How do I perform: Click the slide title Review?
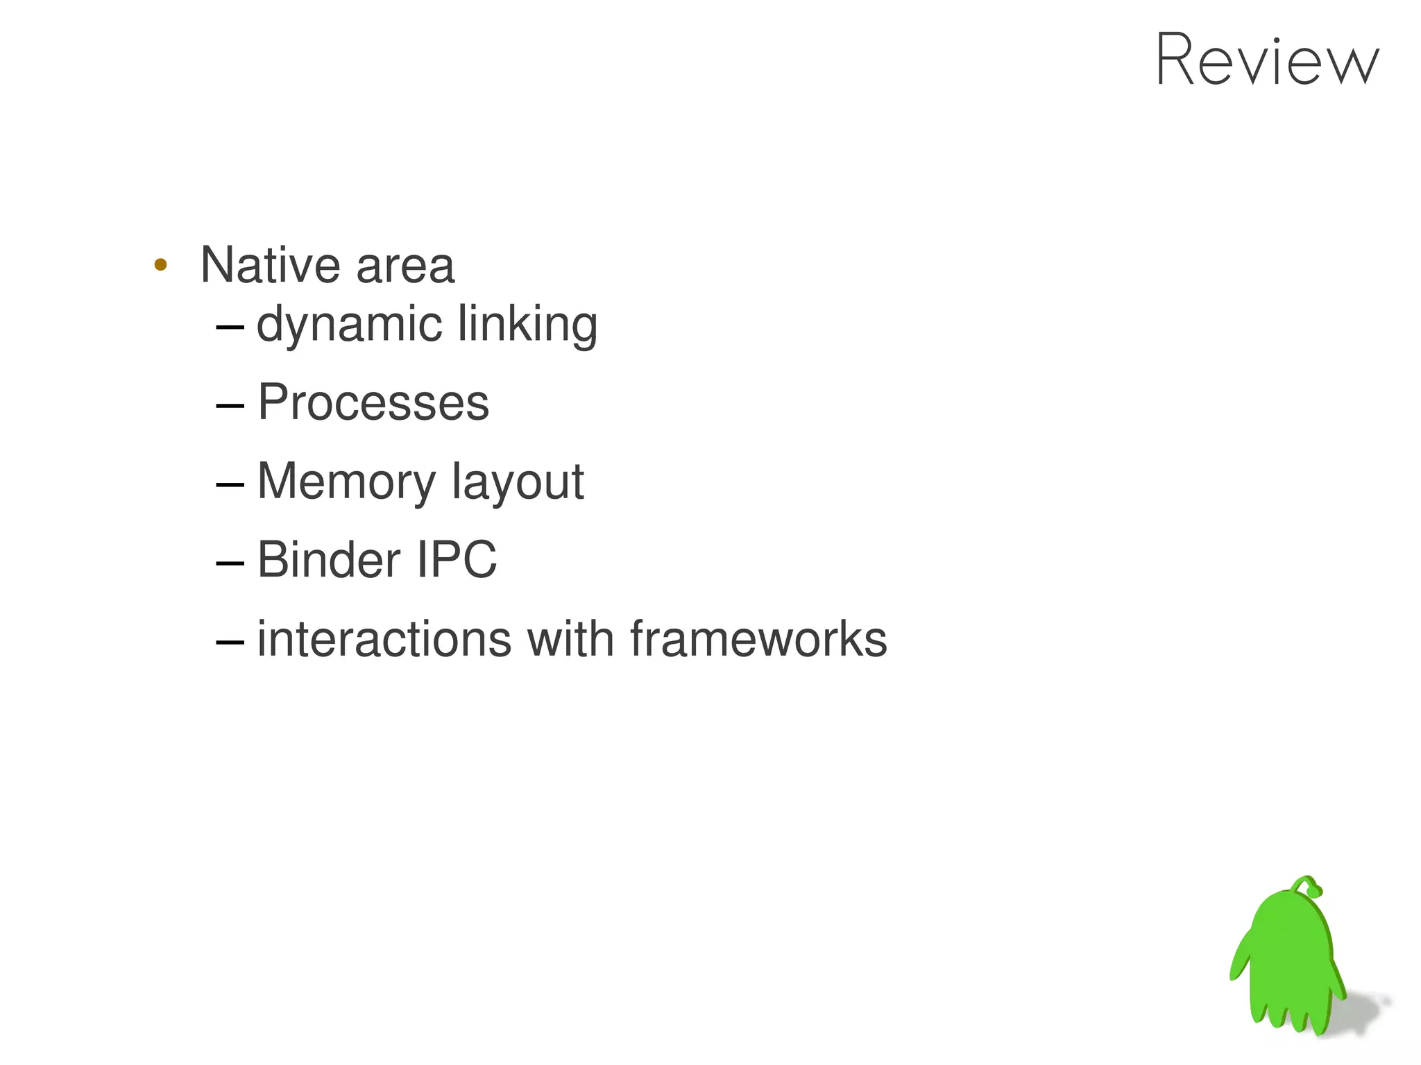(x=1267, y=60)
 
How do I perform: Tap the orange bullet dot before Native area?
(x=160, y=264)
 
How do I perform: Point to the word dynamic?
(x=349, y=325)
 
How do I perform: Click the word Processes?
(x=373, y=402)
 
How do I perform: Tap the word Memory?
(x=346, y=482)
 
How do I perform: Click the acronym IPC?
(x=457, y=559)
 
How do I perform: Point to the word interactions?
(x=384, y=638)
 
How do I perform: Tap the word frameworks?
(x=758, y=638)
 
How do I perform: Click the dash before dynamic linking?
(x=230, y=326)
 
